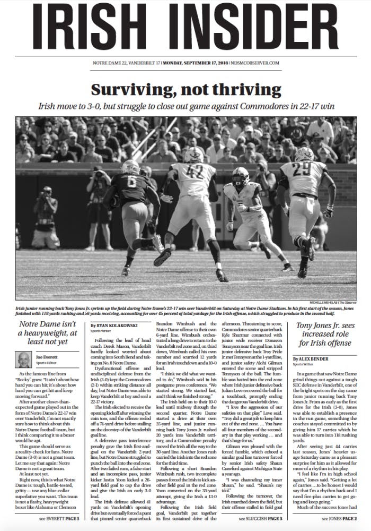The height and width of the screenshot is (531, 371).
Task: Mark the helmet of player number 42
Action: pyautogui.click(x=193, y=155)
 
